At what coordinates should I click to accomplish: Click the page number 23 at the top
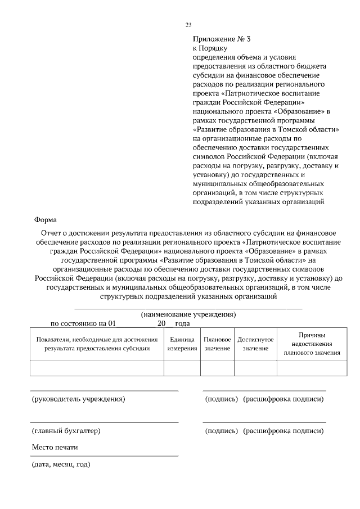coord(188,24)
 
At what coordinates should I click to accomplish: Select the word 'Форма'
coord(46,220)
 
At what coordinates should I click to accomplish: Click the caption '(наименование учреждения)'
coord(188,314)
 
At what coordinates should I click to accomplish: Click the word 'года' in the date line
coord(183,323)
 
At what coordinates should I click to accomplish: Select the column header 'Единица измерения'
coord(182,344)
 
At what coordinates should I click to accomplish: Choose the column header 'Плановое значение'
coord(217,344)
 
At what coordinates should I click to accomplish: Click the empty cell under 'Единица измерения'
coord(182,368)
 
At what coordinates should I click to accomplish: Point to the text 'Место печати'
coord(55,448)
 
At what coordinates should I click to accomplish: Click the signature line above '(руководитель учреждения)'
coord(104,390)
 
